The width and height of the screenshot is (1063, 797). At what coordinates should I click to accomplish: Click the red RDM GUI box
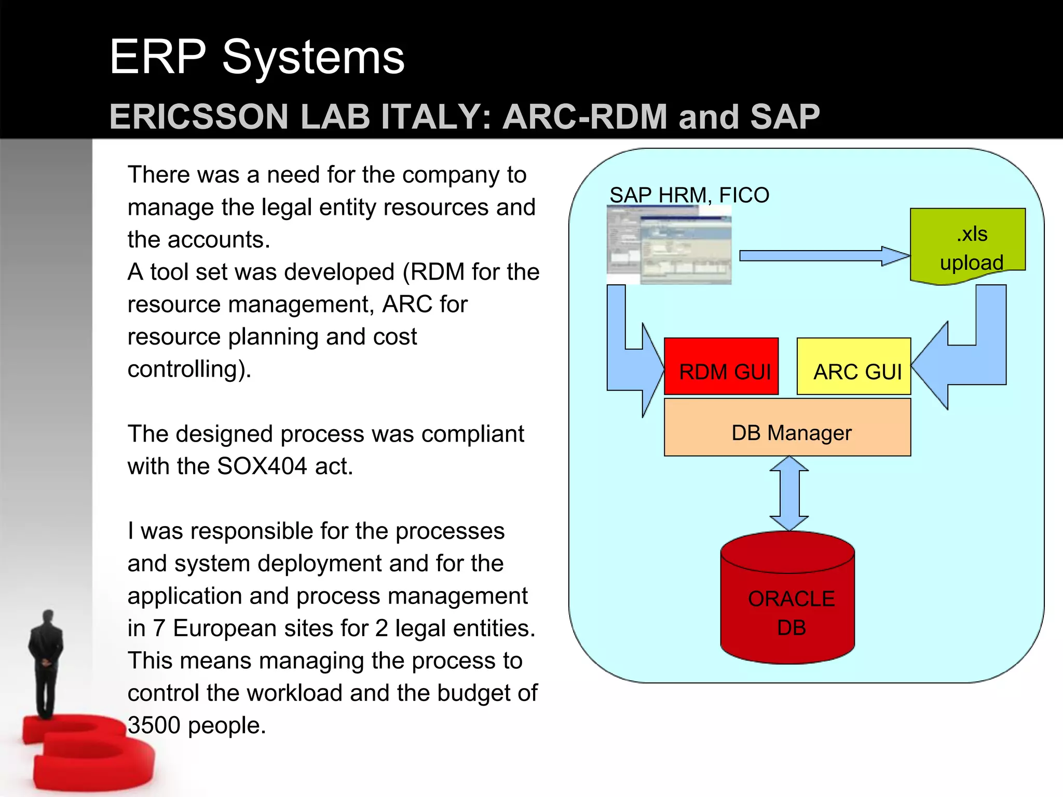coord(721,366)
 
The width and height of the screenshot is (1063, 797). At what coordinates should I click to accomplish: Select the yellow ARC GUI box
coord(853,366)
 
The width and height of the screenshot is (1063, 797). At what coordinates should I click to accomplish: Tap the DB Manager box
coord(787,428)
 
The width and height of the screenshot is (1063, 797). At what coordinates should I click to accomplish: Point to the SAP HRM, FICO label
coord(689,195)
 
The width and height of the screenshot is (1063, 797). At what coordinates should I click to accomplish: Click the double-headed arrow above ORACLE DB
coord(788,493)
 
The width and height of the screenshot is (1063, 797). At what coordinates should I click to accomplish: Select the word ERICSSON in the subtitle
coord(199,117)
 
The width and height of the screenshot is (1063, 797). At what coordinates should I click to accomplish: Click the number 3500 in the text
coord(154,725)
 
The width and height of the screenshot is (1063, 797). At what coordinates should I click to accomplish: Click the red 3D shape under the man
coord(88,752)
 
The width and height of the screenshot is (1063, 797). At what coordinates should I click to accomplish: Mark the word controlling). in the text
coord(189,369)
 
